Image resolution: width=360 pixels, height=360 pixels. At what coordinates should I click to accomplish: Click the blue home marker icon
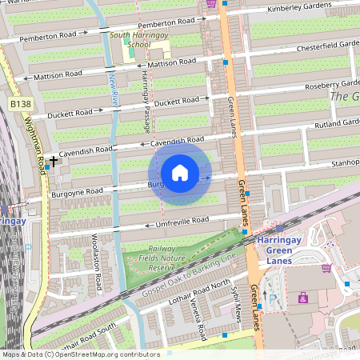(x=180, y=173)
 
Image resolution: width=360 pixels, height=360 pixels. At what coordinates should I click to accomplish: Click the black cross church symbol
(x=54, y=162)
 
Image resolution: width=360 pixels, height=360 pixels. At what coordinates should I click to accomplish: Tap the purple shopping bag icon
(x=302, y=298)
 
